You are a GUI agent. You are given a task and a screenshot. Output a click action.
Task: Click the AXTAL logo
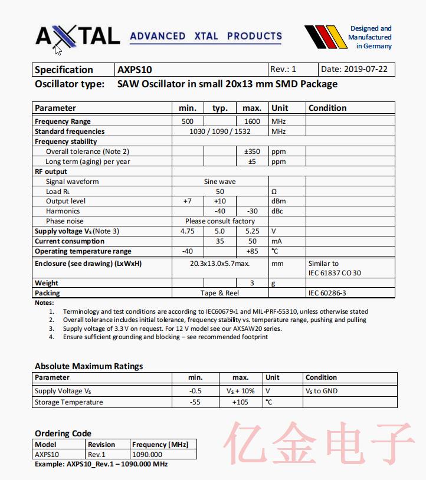click(x=77, y=36)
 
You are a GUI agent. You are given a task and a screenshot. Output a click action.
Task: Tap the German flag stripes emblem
click(x=324, y=37)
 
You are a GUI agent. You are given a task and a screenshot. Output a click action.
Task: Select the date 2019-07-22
click(x=357, y=70)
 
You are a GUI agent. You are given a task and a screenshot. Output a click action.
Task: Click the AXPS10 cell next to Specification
click(x=135, y=70)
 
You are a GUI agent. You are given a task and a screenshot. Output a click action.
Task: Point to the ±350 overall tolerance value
click(x=252, y=152)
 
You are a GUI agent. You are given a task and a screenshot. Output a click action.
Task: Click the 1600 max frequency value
click(x=252, y=121)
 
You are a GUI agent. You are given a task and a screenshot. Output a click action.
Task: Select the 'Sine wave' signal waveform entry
click(x=219, y=182)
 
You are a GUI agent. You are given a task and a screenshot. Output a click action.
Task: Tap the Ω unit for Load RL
click(x=274, y=192)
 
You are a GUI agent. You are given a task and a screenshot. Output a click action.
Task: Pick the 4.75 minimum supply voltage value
click(x=187, y=231)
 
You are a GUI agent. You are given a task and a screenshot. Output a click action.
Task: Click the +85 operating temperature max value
click(x=252, y=251)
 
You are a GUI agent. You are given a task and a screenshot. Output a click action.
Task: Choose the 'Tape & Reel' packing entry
click(x=219, y=293)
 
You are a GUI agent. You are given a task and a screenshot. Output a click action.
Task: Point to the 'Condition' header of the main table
click(x=327, y=108)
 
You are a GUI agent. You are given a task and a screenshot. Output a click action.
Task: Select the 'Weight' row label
click(x=47, y=283)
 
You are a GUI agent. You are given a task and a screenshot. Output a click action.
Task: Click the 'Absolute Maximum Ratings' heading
click(x=89, y=366)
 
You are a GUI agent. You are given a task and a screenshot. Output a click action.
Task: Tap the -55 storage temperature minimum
click(x=195, y=402)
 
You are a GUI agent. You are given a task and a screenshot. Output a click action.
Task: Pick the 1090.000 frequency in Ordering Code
click(x=147, y=455)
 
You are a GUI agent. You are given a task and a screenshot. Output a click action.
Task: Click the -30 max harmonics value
click(x=252, y=211)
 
